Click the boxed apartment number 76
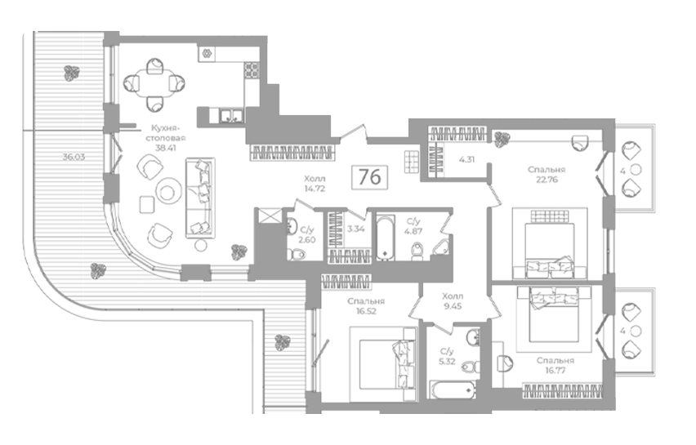(x=369, y=177)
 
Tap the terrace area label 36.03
(x=74, y=157)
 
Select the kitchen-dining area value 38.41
(x=166, y=148)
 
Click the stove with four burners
(x=252, y=70)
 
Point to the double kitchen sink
(x=232, y=115)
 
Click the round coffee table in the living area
(x=167, y=192)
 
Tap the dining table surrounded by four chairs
(x=154, y=84)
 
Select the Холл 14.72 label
(x=315, y=183)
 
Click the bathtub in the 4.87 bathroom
(x=386, y=237)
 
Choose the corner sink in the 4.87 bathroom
(x=441, y=247)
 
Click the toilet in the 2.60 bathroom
(x=297, y=254)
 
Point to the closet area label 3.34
(x=356, y=229)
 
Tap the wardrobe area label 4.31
(x=466, y=159)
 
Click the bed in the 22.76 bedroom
(x=550, y=243)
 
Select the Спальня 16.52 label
(x=366, y=306)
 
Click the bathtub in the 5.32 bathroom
(x=452, y=389)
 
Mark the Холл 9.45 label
(x=453, y=300)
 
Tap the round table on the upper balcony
(x=636, y=170)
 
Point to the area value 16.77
(x=555, y=371)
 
